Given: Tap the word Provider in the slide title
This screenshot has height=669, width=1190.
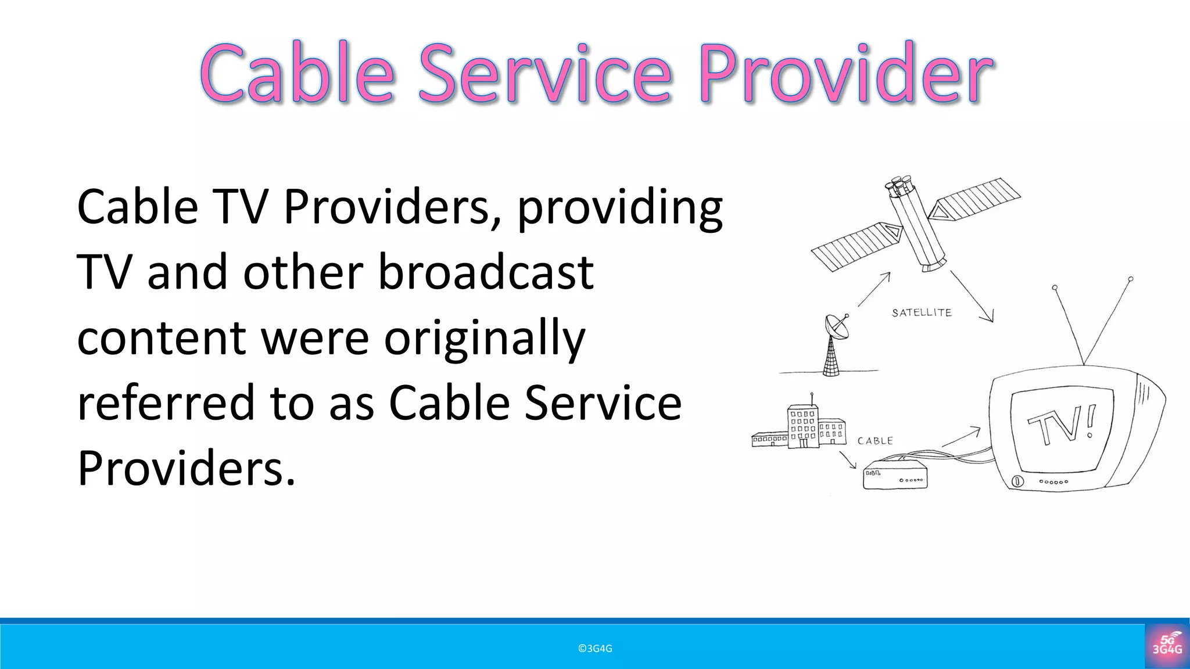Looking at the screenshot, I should coord(846,74).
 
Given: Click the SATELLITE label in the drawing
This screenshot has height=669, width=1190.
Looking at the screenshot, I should coord(922,312).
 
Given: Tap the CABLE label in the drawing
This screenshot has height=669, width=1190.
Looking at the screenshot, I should coord(875,441).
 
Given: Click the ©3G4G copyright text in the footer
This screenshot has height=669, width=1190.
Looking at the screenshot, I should coord(595,649).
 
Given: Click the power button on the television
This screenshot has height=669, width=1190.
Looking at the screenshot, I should coord(1016,481).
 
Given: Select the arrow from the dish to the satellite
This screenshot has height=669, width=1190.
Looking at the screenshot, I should coord(874,289).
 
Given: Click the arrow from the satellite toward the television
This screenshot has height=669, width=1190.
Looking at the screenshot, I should coord(972,296).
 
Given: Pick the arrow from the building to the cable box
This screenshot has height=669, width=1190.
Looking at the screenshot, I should coord(848,459).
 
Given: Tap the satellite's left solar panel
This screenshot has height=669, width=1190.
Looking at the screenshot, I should coord(854,247).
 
